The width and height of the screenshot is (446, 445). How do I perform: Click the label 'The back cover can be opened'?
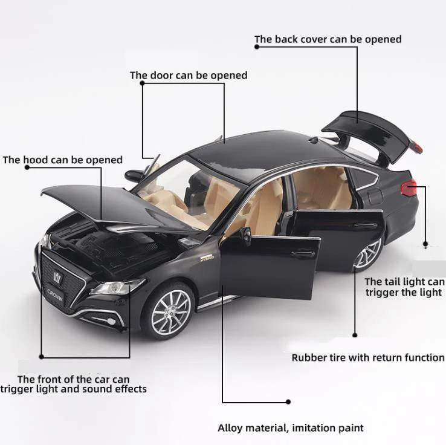pyautogui.click(x=328, y=39)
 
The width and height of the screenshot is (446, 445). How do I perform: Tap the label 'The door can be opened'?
pyautogui.click(x=189, y=76)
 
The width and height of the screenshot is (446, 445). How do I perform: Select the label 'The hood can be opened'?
pyautogui.click(x=63, y=160)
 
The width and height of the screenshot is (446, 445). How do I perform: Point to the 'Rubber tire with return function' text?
pyautogui.click(x=368, y=357)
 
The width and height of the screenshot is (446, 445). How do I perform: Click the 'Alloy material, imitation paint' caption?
pyautogui.click(x=291, y=428)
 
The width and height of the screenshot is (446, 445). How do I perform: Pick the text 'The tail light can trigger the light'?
pyautogui.click(x=404, y=287)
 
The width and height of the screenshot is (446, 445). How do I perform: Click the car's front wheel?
pyautogui.click(x=171, y=311)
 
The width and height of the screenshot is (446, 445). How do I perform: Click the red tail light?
pyautogui.click(x=409, y=189)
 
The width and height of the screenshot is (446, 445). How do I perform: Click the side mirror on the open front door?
pyautogui.click(x=245, y=234)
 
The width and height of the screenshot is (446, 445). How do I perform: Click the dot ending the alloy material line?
pyautogui.click(x=288, y=401)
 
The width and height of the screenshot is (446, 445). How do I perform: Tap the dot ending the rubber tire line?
pyautogui.click(x=355, y=334)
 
